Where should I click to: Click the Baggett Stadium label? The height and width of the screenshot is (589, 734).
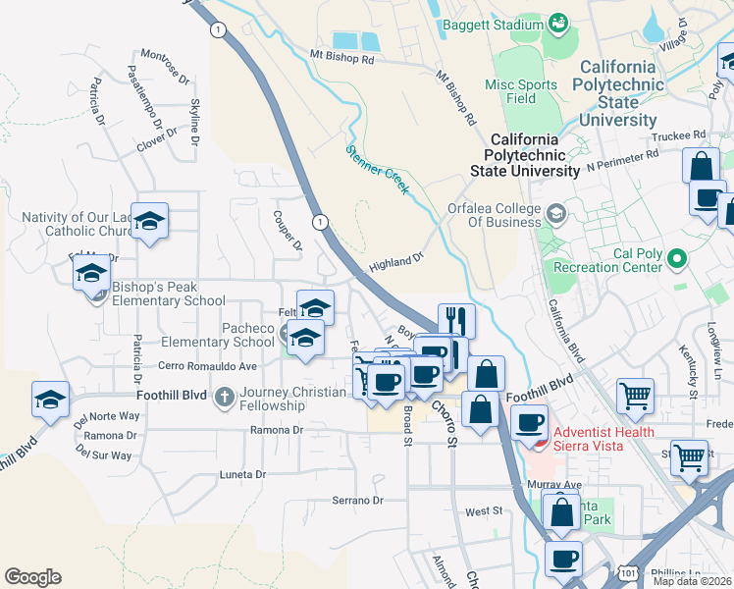[x=493, y=24]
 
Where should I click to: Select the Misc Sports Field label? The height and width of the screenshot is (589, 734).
[x=521, y=91]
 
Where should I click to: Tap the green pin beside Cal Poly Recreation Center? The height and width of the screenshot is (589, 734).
[x=676, y=260]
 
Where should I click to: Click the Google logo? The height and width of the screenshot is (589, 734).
[x=32, y=576]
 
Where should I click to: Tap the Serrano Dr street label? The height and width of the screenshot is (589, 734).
[x=356, y=501]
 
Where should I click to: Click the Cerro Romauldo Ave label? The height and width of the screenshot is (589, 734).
[x=207, y=366]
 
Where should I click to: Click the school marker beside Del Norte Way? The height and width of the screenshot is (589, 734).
[x=50, y=399]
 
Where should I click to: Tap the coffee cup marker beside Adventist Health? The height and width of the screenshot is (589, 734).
[x=529, y=422]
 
